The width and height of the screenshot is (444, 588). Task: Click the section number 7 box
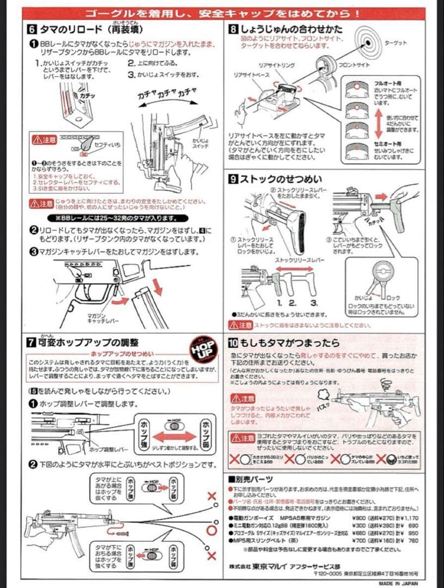32,342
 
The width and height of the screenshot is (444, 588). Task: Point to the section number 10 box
233,343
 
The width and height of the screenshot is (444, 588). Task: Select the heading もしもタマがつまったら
289,343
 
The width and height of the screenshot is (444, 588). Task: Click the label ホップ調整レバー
108,449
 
